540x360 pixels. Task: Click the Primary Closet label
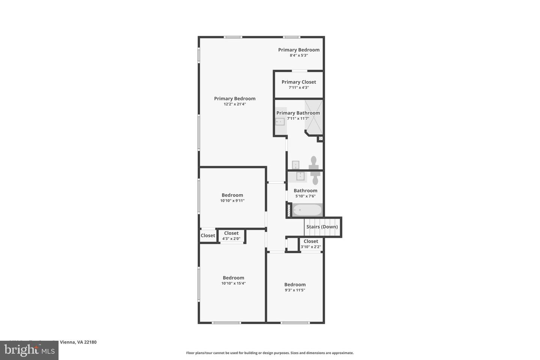tap(298, 82)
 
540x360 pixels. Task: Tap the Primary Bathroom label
tap(298, 113)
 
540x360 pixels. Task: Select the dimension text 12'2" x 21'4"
tap(235, 104)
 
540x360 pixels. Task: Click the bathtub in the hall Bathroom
tap(307, 210)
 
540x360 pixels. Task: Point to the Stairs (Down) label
tap(322, 227)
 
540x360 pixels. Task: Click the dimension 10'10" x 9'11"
tap(232, 201)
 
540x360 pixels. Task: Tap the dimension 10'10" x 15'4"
tap(233, 283)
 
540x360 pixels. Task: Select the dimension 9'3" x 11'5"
tap(295, 290)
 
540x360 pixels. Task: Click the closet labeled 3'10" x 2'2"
tap(310, 244)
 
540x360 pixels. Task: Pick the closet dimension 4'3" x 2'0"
tap(231, 238)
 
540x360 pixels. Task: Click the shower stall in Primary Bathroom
tap(313, 117)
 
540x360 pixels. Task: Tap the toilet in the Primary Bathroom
tap(314, 163)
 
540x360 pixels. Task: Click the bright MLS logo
tap(29, 350)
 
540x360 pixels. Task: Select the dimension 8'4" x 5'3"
tap(298, 55)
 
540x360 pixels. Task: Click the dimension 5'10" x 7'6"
tap(305, 196)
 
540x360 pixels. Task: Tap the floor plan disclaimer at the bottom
tap(270, 353)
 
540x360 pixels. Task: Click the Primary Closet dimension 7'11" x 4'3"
tap(298, 88)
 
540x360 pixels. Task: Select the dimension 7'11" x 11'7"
tap(298, 118)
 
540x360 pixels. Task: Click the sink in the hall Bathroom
tap(300, 176)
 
